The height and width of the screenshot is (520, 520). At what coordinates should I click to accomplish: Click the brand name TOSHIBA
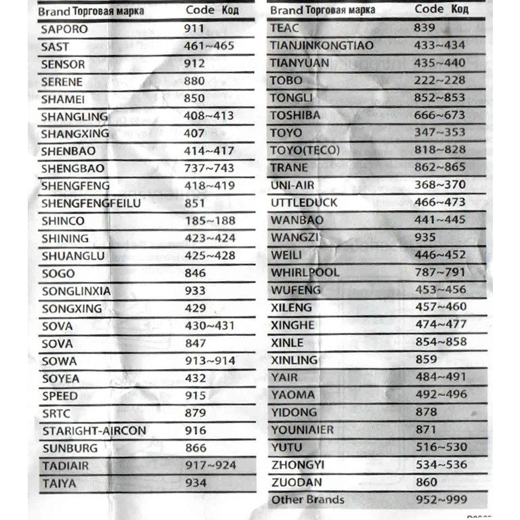pyautogui.click(x=295, y=115)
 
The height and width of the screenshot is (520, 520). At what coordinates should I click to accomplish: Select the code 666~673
pyautogui.click(x=440, y=115)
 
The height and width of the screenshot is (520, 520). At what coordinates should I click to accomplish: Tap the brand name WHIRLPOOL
pyautogui.click(x=305, y=273)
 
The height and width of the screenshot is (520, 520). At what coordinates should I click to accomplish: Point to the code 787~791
pyautogui.click(x=440, y=272)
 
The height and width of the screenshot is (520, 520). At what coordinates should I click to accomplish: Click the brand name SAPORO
pyautogui.click(x=64, y=30)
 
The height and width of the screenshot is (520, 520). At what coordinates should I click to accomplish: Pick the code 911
pyautogui.click(x=195, y=30)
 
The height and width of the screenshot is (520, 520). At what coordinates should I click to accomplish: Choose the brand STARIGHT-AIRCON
pyautogui.click(x=93, y=431)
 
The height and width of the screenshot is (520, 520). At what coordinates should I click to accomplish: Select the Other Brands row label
pyautogui.click(x=307, y=500)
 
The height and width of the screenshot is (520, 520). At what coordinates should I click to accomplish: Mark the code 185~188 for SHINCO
pyautogui.click(x=210, y=221)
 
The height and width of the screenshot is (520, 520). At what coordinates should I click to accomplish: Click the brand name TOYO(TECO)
pyautogui.click(x=305, y=150)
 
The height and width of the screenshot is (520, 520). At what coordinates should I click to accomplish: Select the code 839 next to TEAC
pyautogui.click(x=425, y=27)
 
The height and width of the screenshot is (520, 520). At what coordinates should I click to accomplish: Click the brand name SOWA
pyautogui.click(x=59, y=361)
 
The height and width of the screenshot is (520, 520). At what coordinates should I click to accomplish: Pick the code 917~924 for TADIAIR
pyautogui.click(x=211, y=465)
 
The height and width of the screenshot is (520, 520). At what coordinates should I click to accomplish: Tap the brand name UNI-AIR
pyautogui.click(x=292, y=186)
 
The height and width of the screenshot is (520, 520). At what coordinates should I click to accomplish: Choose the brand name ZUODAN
pyautogui.click(x=297, y=483)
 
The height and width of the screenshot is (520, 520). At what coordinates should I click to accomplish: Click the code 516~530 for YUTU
pyautogui.click(x=441, y=448)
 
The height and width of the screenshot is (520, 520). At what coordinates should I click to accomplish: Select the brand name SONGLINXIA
pyautogui.click(x=76, y=291)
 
